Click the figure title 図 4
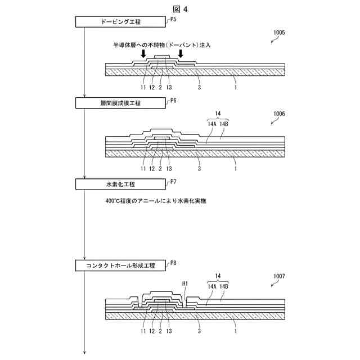tap(180, 8)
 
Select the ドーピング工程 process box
tap(121, 22)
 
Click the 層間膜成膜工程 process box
tap(121, 103)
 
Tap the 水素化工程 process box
tap(121, 184)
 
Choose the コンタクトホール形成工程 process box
tap(121, 264)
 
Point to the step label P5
tap(173, 19)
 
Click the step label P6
tap(173, 100)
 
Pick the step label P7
tap(173, 181)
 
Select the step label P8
tap(173, 262)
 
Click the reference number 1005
tap(278, 33)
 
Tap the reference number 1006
tap(278, 114)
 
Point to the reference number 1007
tap(278, 276)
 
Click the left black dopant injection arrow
tap(143, 54)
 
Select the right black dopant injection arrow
tap(180, 54)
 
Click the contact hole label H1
tap(186, 283)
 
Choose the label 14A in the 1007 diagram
tap(212, 286)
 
